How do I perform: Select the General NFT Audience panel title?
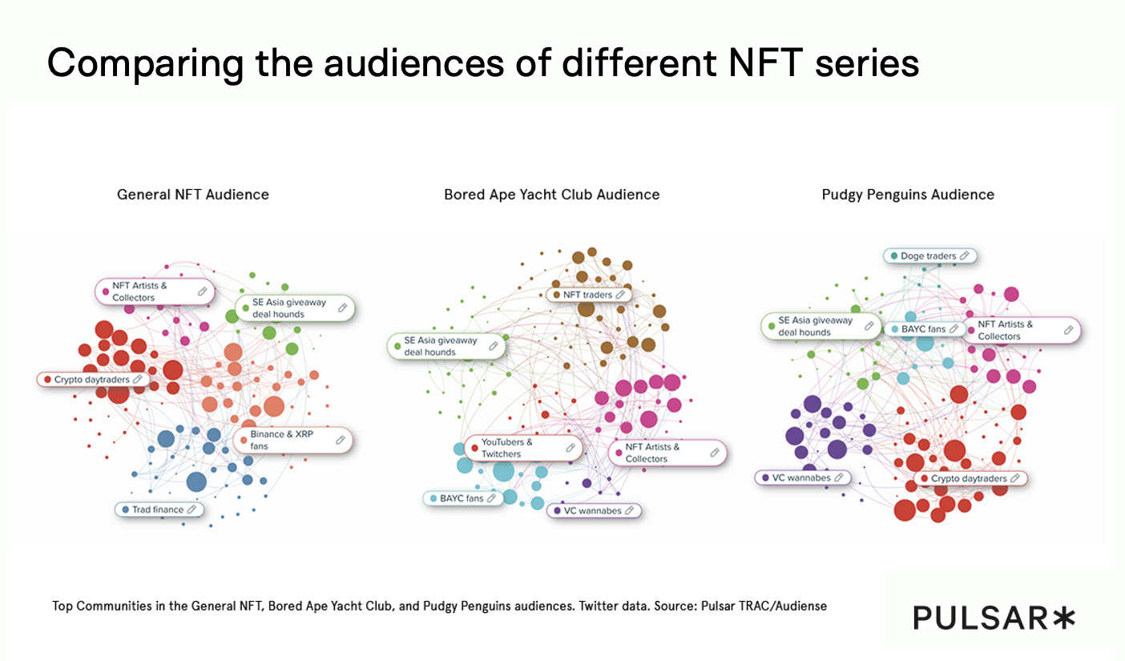tap(193, 195)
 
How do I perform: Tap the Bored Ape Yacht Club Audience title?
tap(551, 195)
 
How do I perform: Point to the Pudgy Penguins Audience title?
tap(908, 195)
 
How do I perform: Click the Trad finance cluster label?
tap(158, 510)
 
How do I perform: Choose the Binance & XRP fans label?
tap(292, 440)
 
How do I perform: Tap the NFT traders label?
tap(587, 295)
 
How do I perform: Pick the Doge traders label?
tap(929, 256)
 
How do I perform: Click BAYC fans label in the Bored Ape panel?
tap(462, 498)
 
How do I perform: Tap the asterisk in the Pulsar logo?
tap(1063, 618)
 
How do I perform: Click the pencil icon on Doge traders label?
tap(965, 256)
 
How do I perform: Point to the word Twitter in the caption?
tap(597, 606)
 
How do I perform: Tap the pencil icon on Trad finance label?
tap(192, 510)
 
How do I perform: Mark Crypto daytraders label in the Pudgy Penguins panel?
tap(969, 478)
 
